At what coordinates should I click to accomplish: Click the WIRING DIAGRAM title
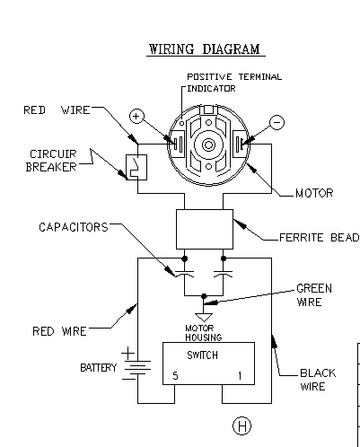pos(205,49)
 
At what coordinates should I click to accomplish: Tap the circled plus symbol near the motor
pos(136,116)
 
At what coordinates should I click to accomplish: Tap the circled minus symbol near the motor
pos(277,122)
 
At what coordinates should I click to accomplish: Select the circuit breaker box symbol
pos(136,167)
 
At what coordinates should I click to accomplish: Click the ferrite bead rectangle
pos(205,229)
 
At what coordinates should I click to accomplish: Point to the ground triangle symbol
pos(204,317)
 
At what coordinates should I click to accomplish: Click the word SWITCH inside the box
pos(202,355)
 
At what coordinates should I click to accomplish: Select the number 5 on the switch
pos(175,375)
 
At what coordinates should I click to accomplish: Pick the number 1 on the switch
pos(240,375)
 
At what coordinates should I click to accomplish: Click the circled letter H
pos(241,425)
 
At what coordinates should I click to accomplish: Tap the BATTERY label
pos(98,368)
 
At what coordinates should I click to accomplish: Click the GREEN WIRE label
pos(314,295)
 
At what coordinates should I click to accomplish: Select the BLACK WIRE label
pos(318,380)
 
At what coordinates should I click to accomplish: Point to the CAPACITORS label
pos(74,227)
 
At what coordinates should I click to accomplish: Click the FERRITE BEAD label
pos(319,238)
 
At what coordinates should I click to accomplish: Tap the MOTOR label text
pos(314,193)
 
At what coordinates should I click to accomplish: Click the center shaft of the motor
pos(208,145)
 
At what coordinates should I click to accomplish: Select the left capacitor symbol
pos(184,274)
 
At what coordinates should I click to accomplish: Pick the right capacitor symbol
pos(223,274)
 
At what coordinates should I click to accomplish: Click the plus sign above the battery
pos(127,354)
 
